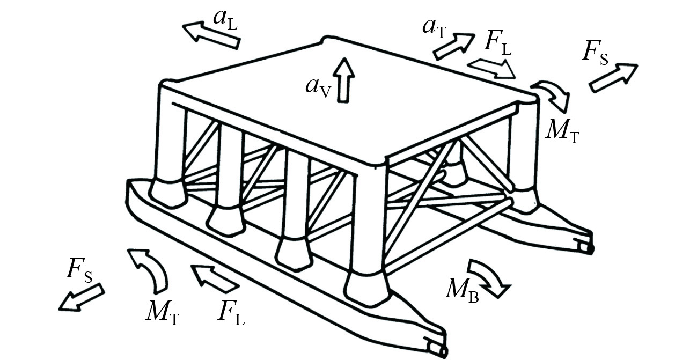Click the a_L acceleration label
pos(225,18)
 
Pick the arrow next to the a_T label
pos(454,45)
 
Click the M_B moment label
pos(461,290)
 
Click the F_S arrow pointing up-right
pos(613,77)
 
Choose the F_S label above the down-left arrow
pos(79,268)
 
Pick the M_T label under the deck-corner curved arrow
pos(562,129)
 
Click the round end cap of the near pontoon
pos(441,349)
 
